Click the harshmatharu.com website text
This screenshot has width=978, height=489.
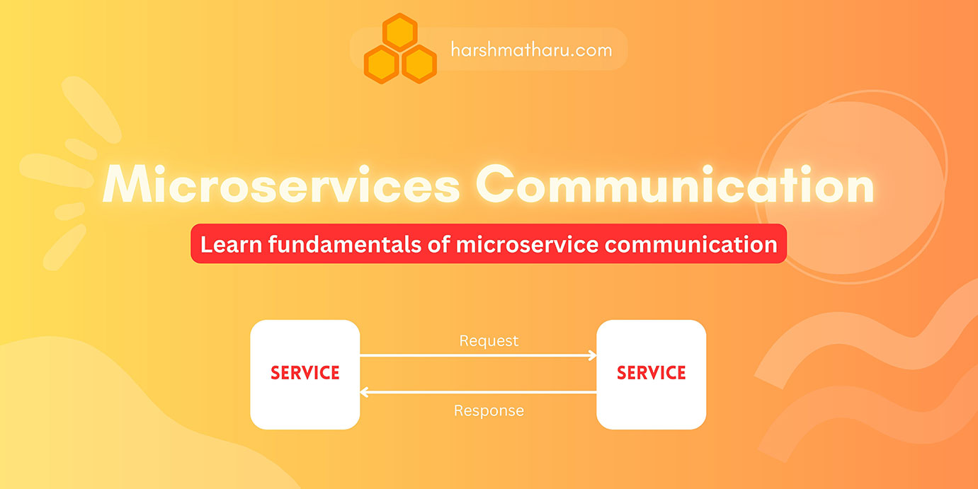click(x=530, y=50)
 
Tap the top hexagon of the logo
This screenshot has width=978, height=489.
click(x=399, y=32)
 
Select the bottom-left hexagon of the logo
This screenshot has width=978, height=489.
click(x=382, y=64)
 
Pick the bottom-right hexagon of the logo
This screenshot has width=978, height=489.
click(x=419, y=64)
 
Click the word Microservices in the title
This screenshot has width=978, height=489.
click(x=280, y=185)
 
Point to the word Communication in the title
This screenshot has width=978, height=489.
click(x=678, y=185)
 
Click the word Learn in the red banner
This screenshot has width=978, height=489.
click(x=229, y=244)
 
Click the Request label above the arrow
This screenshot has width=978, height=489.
click(x=489, y=341)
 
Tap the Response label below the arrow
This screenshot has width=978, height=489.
click(x=489, y=410)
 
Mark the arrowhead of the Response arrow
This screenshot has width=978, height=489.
click(x=364, y=392)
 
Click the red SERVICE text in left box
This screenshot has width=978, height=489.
click(x=305, y=373)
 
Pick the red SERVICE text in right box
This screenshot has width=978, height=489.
click(x=651, y=373)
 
